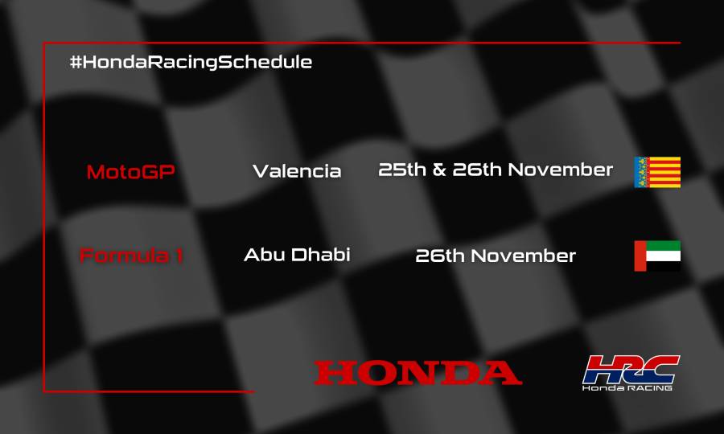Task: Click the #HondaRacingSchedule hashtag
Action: pyautogui.click(x=191, y=63)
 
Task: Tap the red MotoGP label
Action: pyautogui.click(x=130, y=171)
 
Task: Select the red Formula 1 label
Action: pyautogui.click(x=131, y=256)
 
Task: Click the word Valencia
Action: pyautogui.click(x=297, y=171)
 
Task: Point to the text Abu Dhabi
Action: pyautogui.click(x=297, y=256)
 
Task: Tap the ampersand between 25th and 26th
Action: pyautogui.click(x=439, y=170)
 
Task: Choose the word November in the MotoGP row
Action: pyautogui.click(x=560, y=170)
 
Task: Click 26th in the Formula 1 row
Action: pyautogui.click(x=440, y=256)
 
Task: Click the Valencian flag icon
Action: pyautogui.click(x=657, y=172)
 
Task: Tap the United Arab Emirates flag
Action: pyautogui.click(x=657, y=256)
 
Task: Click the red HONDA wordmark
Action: pyautogui.click(x=418, y=372)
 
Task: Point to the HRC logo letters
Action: pyautogui.click(x=631, y=369)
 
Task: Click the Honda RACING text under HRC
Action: pyautogui.click(x=628, y=387)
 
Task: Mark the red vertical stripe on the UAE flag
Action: pyautogui.click(x=640, y=256)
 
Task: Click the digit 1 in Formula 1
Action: pyautogui.click(x=178, y=256)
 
